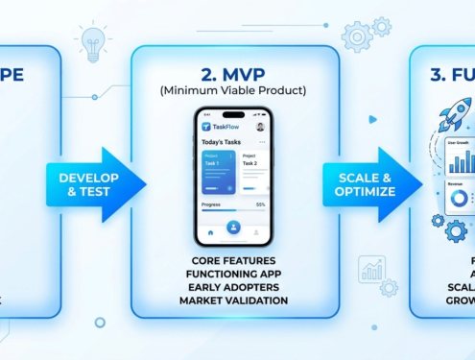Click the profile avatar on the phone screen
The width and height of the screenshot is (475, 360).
tap(260, 127)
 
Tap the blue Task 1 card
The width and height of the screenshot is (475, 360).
tap(218, 171)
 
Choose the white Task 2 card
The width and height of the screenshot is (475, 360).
tap(253, 171)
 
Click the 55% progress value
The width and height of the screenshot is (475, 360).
tap(260, 204)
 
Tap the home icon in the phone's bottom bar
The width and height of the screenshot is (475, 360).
tap(210, 232)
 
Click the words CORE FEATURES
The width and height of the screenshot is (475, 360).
tap(233, 261)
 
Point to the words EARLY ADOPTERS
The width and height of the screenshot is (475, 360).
tap(233, 288)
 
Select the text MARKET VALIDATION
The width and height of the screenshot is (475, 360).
tap(233, 301)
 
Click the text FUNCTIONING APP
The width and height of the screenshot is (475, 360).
tap(233, 275)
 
